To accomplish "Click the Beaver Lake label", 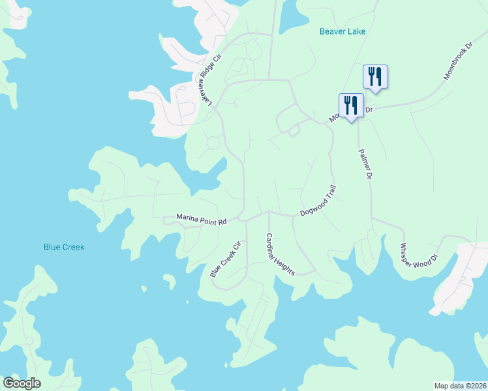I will pyautogui.click(x=343, y=31).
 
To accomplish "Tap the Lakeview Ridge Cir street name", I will pyautogui.click(x=206, y=80).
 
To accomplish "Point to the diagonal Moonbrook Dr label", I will pyautogui.click(x=457, y=63).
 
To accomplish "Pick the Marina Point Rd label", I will pyautogui.click(x=201, y=219).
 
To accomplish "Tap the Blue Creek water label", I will pyautogui.click(x=64, y=247).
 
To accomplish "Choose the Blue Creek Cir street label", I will pyautogui.click(x=226, y=259).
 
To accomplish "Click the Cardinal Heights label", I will pyautogui.click(x=280, y=255).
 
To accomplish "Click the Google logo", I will pyautogui.click(x=22, y=383).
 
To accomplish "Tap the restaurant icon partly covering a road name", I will pyautogui.click(x=351, y=106).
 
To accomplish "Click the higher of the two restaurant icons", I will pyautogui.click(x=374, y=76).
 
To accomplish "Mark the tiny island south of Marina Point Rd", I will pyautogui.click(x=168, y=282).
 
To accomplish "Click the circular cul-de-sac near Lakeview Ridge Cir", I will pyautogui.click(x=213, y=142).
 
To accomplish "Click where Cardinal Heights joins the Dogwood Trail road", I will pyautogui.click(x=268, y=211).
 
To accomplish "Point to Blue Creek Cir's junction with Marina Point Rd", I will pyautogui.click(x=247, y=219).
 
